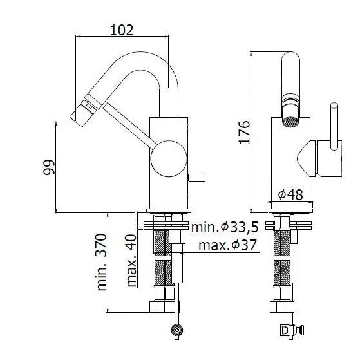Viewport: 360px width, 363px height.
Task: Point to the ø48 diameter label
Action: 290,194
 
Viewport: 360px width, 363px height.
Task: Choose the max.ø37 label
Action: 226,245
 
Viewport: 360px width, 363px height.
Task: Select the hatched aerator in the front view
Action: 290,120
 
